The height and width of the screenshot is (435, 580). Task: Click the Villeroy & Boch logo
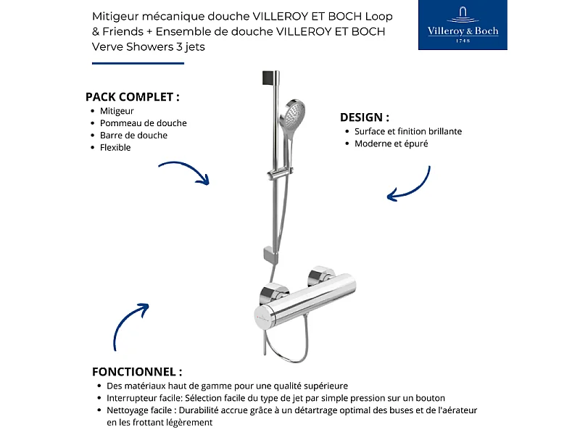coord(463,25)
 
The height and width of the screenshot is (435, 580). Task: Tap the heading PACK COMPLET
coord(132,96)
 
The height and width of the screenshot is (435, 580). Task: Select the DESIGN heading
coord(365,117)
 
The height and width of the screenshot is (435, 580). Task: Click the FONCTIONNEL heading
coord(137,371)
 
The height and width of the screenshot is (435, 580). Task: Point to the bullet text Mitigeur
coord(117,111)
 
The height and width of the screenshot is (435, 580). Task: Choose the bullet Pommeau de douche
coord(143,123)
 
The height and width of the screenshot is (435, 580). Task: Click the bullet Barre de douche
coord(133,136)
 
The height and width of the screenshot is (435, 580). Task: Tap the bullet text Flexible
coord(115,148)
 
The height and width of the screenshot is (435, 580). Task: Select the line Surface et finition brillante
coord(407,131)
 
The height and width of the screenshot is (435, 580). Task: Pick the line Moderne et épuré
coord(391,144)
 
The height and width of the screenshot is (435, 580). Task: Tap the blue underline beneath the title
coord(138,63)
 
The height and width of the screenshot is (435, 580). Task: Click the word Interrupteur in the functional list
coord(132,398)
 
